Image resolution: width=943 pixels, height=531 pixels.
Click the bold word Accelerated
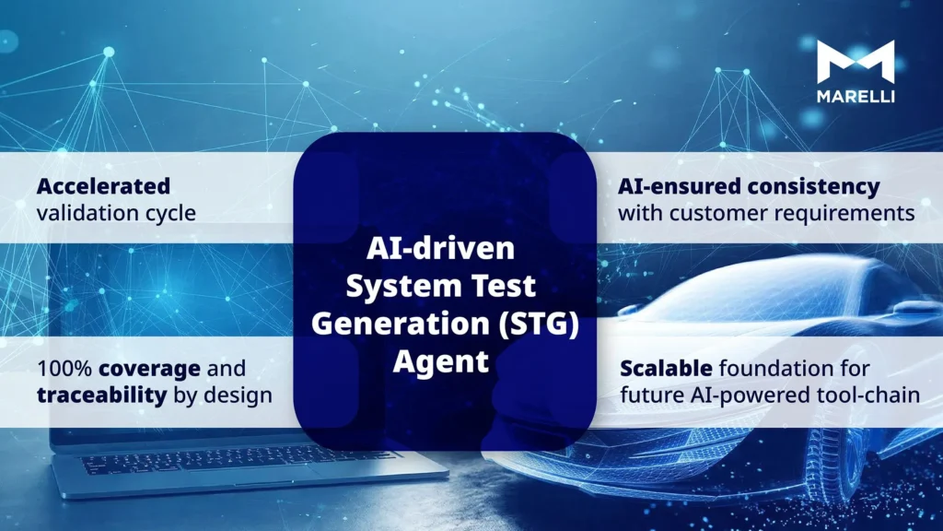103,185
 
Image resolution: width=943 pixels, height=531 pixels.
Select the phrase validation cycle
116,213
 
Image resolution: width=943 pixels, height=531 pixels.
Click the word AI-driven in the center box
441,249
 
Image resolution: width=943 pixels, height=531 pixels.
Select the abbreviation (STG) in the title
541,324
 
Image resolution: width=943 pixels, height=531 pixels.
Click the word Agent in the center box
441,361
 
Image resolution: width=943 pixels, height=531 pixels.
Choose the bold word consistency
813,185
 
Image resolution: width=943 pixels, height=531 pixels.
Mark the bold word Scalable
665,369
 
